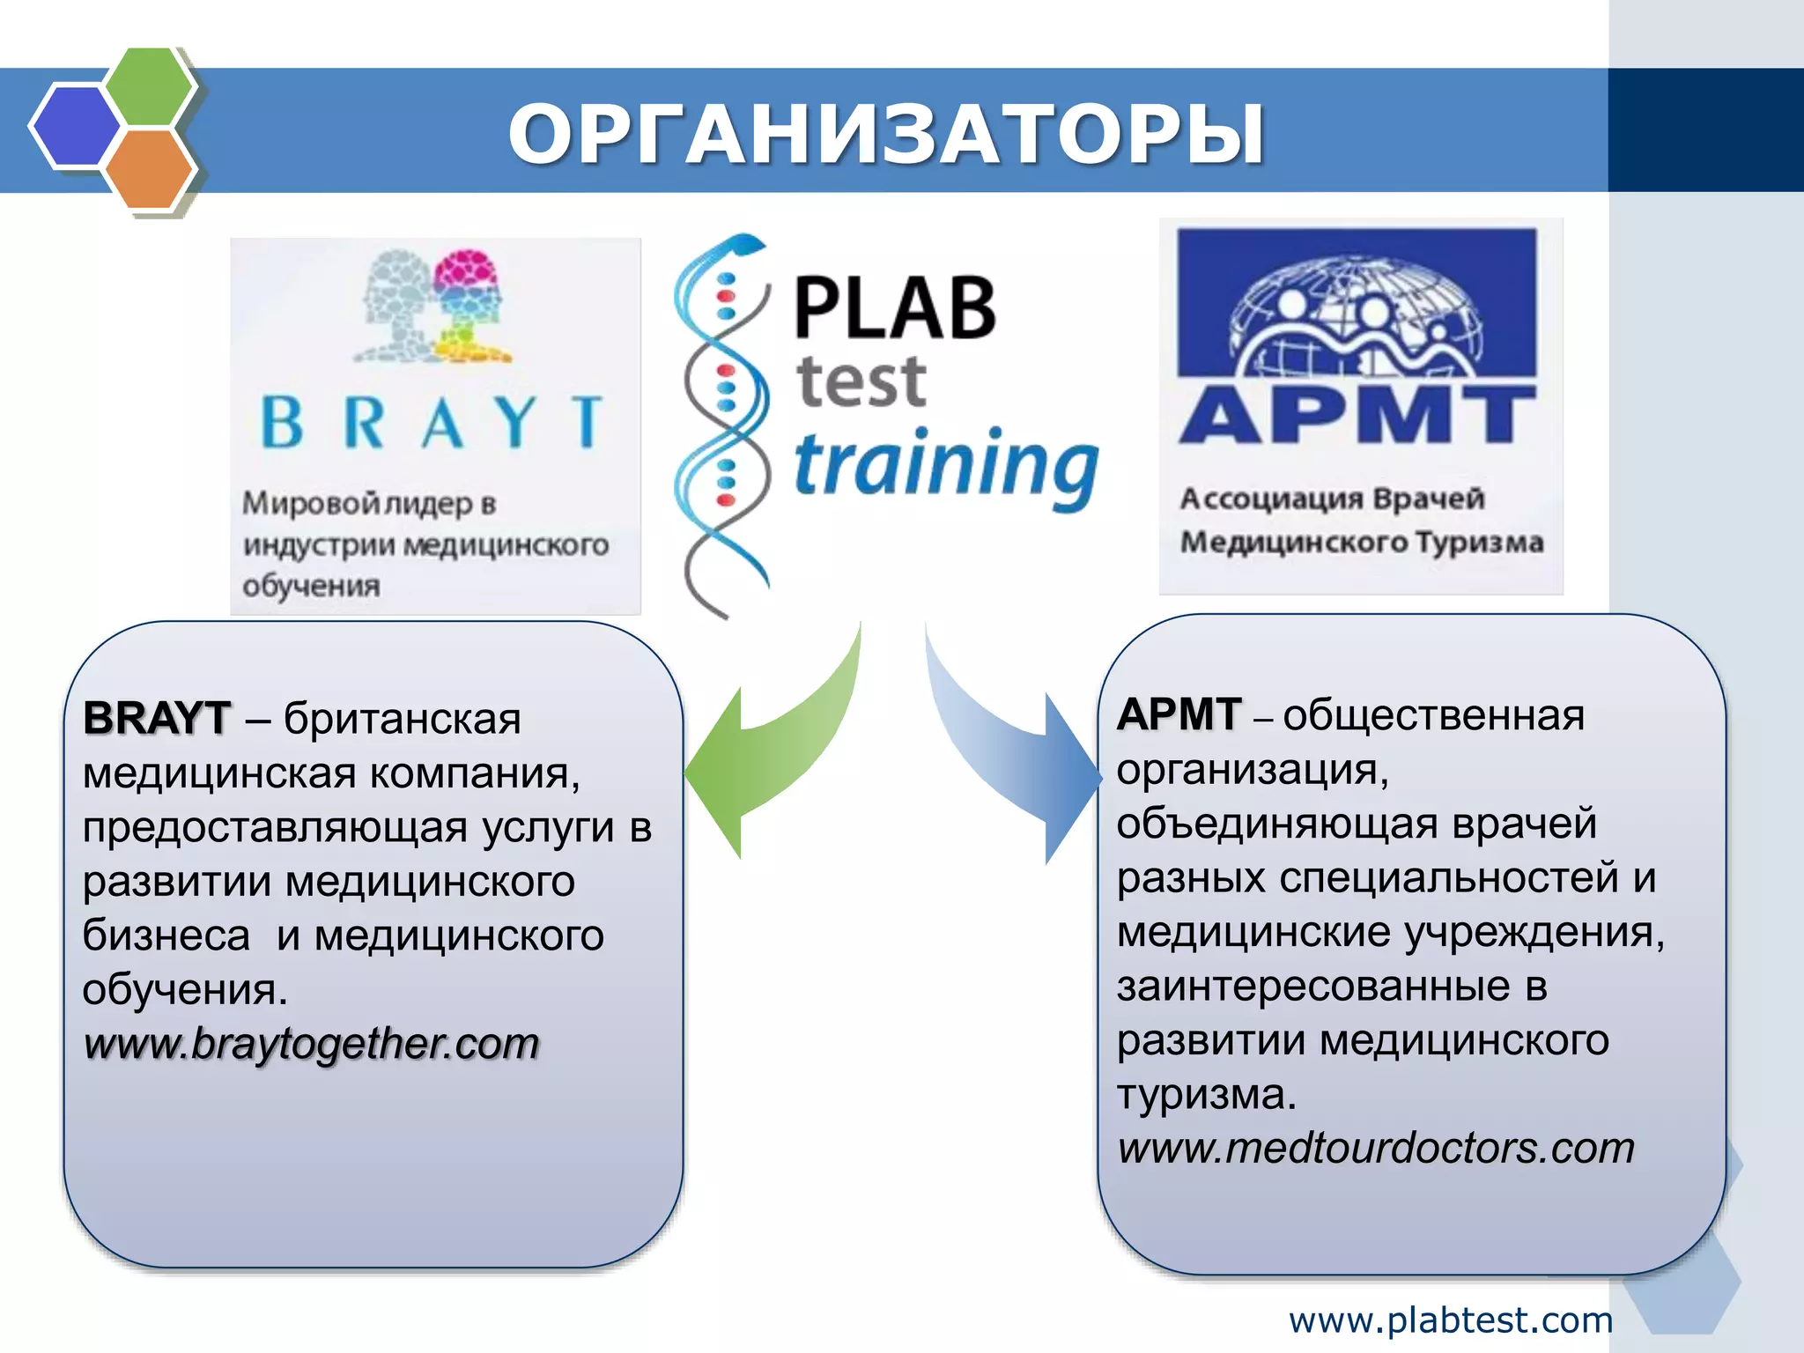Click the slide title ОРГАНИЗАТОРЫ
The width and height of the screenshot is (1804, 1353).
(x=886, y=134)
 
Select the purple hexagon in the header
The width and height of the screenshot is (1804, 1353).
(x=75, y=126)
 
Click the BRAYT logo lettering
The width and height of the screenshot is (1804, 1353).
(x=432, y=422)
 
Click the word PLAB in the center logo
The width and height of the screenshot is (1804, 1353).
(x=894, y=307)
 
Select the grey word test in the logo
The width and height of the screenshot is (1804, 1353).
(x=861, y=382)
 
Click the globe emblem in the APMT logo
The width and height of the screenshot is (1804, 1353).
(x=1357, y=317)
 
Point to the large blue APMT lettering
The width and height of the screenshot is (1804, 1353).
(x=1357, y=414)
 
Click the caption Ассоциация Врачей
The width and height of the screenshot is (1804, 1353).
(x=1332, y=499)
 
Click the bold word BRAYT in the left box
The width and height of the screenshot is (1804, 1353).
(x=157, y=718)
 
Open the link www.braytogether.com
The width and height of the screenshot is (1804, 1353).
(x=311, y=1045)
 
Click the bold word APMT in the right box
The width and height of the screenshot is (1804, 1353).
(x=1179, y=714)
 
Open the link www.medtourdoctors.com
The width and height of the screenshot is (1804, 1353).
(x=1375, y=1149)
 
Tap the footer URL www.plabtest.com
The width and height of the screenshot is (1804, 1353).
(x=1450, y=1320)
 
